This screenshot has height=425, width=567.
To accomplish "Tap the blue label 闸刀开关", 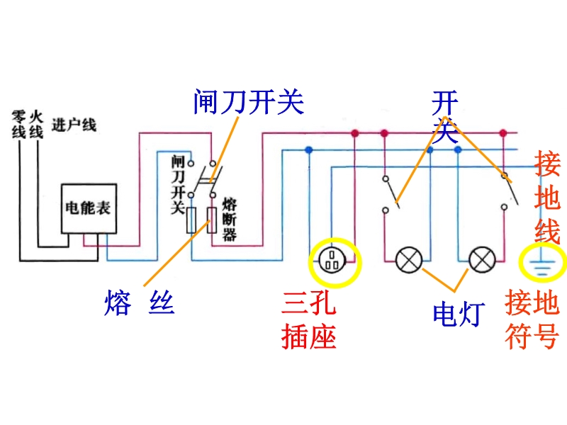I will pyautogui.click(x=248, y=103).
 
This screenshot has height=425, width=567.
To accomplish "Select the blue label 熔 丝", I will pyautogui.click(x=139, y=303).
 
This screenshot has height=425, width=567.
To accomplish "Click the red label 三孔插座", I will pyautogui.click(x=308, y=320).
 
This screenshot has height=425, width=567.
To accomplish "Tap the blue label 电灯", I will pyautogui.click(x=458, y=313).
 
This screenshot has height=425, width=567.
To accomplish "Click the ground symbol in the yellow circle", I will pyautogui.click(x=541, y=263).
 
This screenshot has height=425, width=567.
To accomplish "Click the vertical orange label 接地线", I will pyautogui.click(x=548, y=198).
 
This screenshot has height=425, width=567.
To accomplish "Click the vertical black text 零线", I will pyautogui.click(x=18, y=124).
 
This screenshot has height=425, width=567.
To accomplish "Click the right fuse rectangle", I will pyautogui.click(x=211, y=221).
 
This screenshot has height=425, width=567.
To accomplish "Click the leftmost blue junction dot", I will pyautogui.click(x=308, y=150).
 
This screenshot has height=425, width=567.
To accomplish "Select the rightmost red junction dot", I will pyautogui.click(x=503, y=133).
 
